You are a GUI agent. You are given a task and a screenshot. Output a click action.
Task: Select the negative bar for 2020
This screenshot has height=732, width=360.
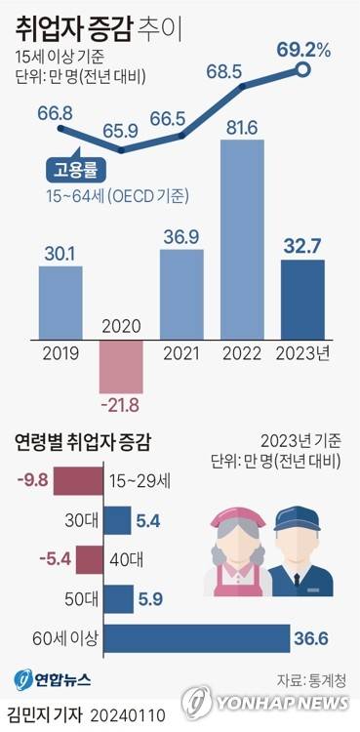click(120, 361)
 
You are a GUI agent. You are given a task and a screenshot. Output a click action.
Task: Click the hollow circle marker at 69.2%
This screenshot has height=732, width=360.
click(303, 69)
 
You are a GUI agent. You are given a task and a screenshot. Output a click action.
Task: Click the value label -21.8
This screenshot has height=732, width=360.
click(120, 402)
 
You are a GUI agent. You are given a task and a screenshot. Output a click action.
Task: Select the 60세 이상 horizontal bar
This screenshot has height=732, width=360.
click(195, 640)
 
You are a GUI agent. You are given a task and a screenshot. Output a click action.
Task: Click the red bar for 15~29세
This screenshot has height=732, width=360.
click(79, 480)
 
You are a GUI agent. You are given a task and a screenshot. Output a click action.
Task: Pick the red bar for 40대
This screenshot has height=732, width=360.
click(89, 560)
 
